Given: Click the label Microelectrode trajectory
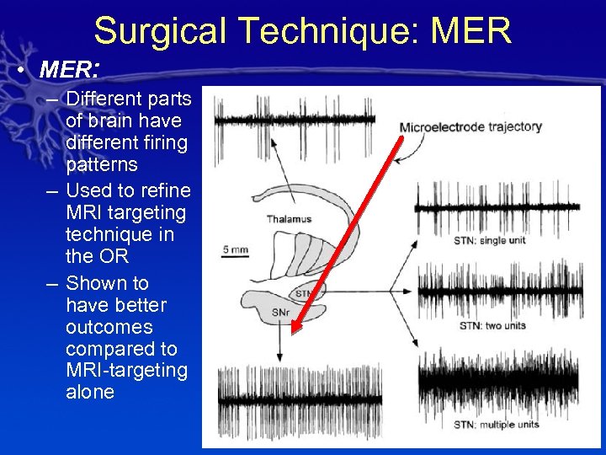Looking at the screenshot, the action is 470,127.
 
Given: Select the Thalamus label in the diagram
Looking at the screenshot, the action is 289,219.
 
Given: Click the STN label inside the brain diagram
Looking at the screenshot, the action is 303,293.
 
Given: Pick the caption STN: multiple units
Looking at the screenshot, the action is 497,425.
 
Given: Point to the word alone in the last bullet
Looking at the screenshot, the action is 89,392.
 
